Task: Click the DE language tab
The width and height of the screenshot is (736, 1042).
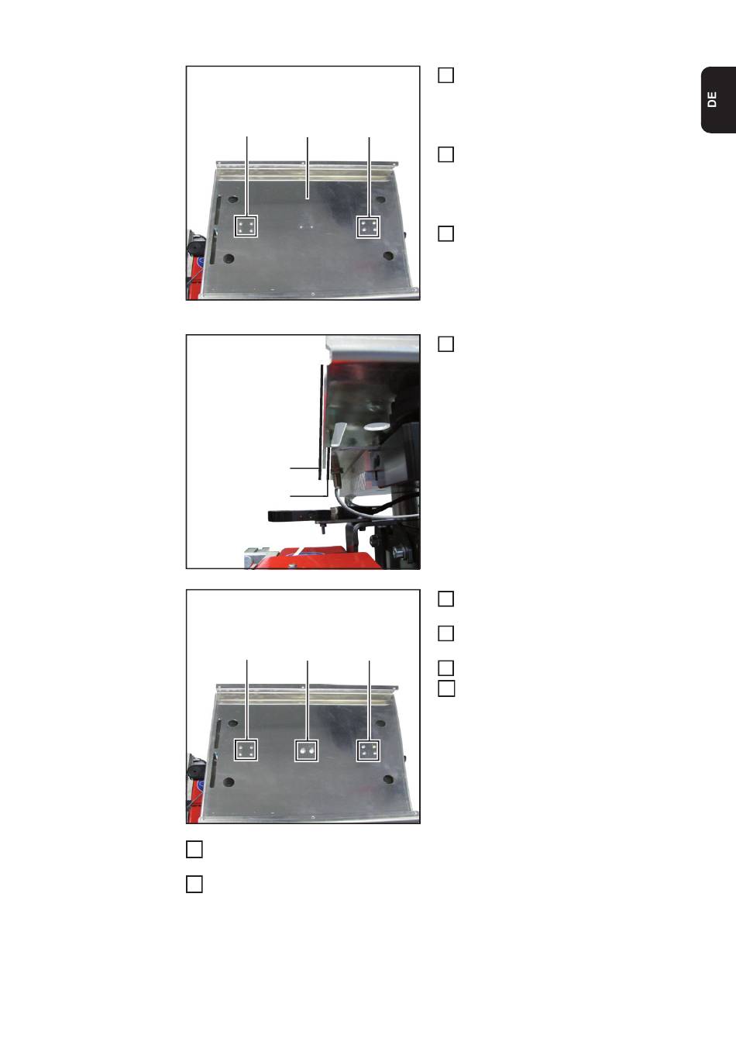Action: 718,100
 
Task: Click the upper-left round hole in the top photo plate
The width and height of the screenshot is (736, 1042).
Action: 233,199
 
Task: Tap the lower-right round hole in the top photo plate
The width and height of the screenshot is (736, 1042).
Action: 389,257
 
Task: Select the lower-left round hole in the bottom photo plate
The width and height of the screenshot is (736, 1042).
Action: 229,782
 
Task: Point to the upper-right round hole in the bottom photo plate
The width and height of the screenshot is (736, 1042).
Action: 380,723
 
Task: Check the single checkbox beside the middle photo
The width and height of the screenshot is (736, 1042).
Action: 446,344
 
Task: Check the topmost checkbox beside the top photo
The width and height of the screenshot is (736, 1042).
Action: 446,75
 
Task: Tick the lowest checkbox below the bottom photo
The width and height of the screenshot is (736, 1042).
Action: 194,885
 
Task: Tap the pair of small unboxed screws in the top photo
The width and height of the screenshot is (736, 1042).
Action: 306,227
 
